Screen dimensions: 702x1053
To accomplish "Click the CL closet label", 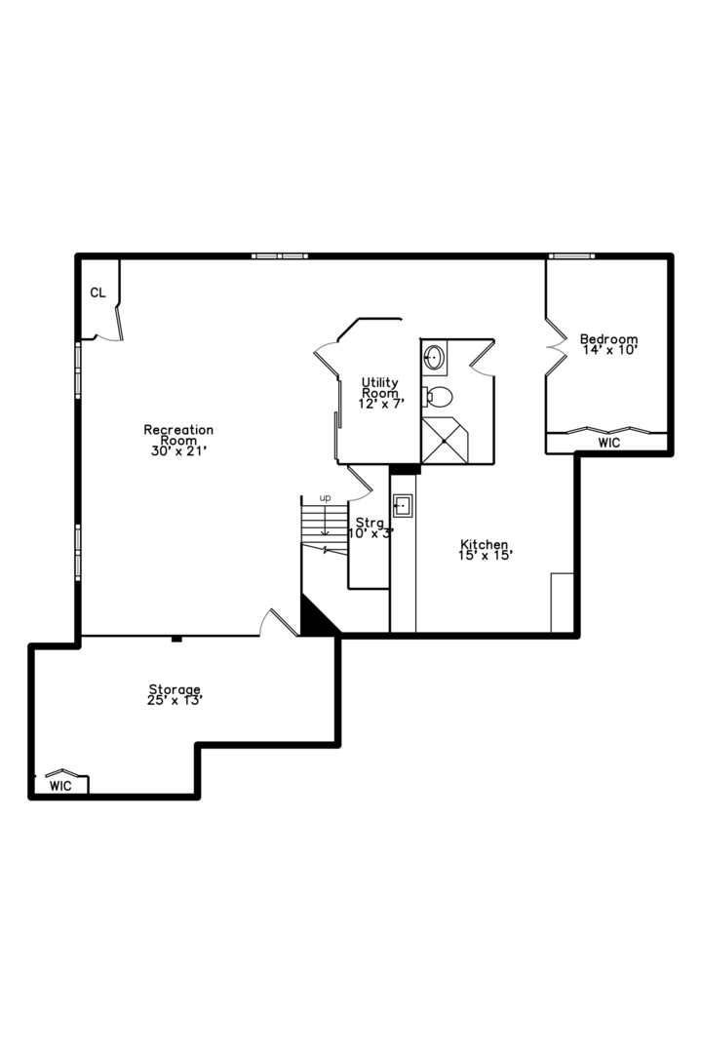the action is coord(98,292).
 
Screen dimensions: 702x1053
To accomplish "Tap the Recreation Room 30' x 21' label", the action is coord(178,441).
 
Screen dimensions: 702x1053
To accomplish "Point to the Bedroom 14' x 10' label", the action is coord(608,344).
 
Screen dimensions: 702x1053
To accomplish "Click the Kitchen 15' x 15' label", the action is coord(486,549).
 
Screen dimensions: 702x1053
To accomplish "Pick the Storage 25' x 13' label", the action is coord(175,694).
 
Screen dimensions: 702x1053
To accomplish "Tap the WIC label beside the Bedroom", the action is coord(608,444).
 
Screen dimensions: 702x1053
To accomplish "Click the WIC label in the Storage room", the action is coord(60,786).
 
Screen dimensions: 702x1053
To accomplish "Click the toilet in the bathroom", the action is coord(438,397).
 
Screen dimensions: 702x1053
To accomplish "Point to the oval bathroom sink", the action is coord(434,357).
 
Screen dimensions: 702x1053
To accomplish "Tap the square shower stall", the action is coord(444,441).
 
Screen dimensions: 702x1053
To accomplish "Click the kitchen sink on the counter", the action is coord(403,505).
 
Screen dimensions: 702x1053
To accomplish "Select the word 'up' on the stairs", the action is coord(325,498).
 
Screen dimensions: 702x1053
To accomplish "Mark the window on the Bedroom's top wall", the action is coord(571,255).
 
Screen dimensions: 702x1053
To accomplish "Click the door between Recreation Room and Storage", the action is coord(278,622).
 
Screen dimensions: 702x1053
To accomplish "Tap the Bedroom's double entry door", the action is coord(556,347).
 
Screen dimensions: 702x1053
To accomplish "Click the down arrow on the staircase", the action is coord(325,521).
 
